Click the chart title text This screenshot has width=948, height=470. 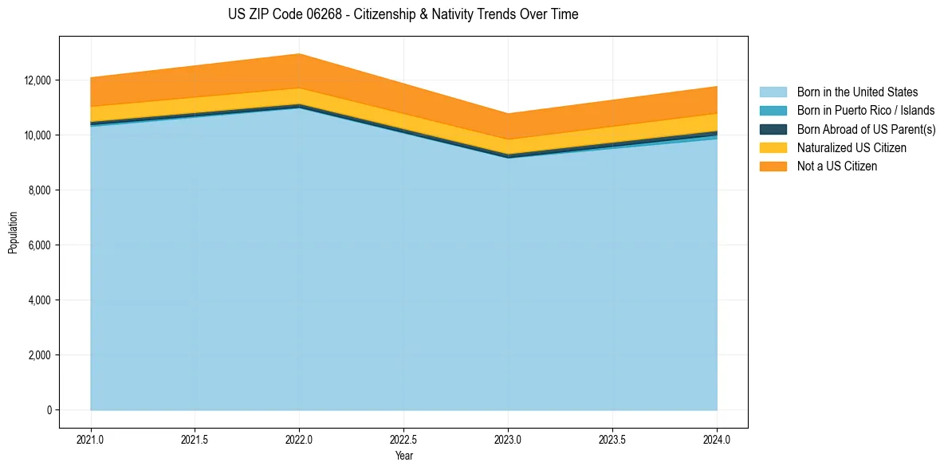[403, 14]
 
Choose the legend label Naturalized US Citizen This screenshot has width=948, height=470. [852, 148]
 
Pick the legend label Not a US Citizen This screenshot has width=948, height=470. [836, 166]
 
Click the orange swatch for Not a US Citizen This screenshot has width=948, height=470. [773, 166]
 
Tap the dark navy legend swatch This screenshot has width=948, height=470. [773, 129]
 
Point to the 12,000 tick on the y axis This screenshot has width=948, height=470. [37, 80]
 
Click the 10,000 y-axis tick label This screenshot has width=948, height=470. [37, 135]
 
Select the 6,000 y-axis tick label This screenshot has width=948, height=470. [40, 245]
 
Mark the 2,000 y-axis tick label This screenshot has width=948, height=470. [40, 355]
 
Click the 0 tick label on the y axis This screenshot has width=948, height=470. [49, 410]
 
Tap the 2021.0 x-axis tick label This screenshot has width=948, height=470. [91, 439]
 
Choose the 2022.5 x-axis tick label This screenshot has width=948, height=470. [403, 439]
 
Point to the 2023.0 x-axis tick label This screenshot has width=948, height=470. [508, 439]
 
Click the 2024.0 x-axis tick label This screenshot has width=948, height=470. [717, 439]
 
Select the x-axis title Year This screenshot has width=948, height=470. [403, 456]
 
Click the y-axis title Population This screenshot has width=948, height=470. [13, 233]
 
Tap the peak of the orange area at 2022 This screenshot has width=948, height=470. [299, 55]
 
